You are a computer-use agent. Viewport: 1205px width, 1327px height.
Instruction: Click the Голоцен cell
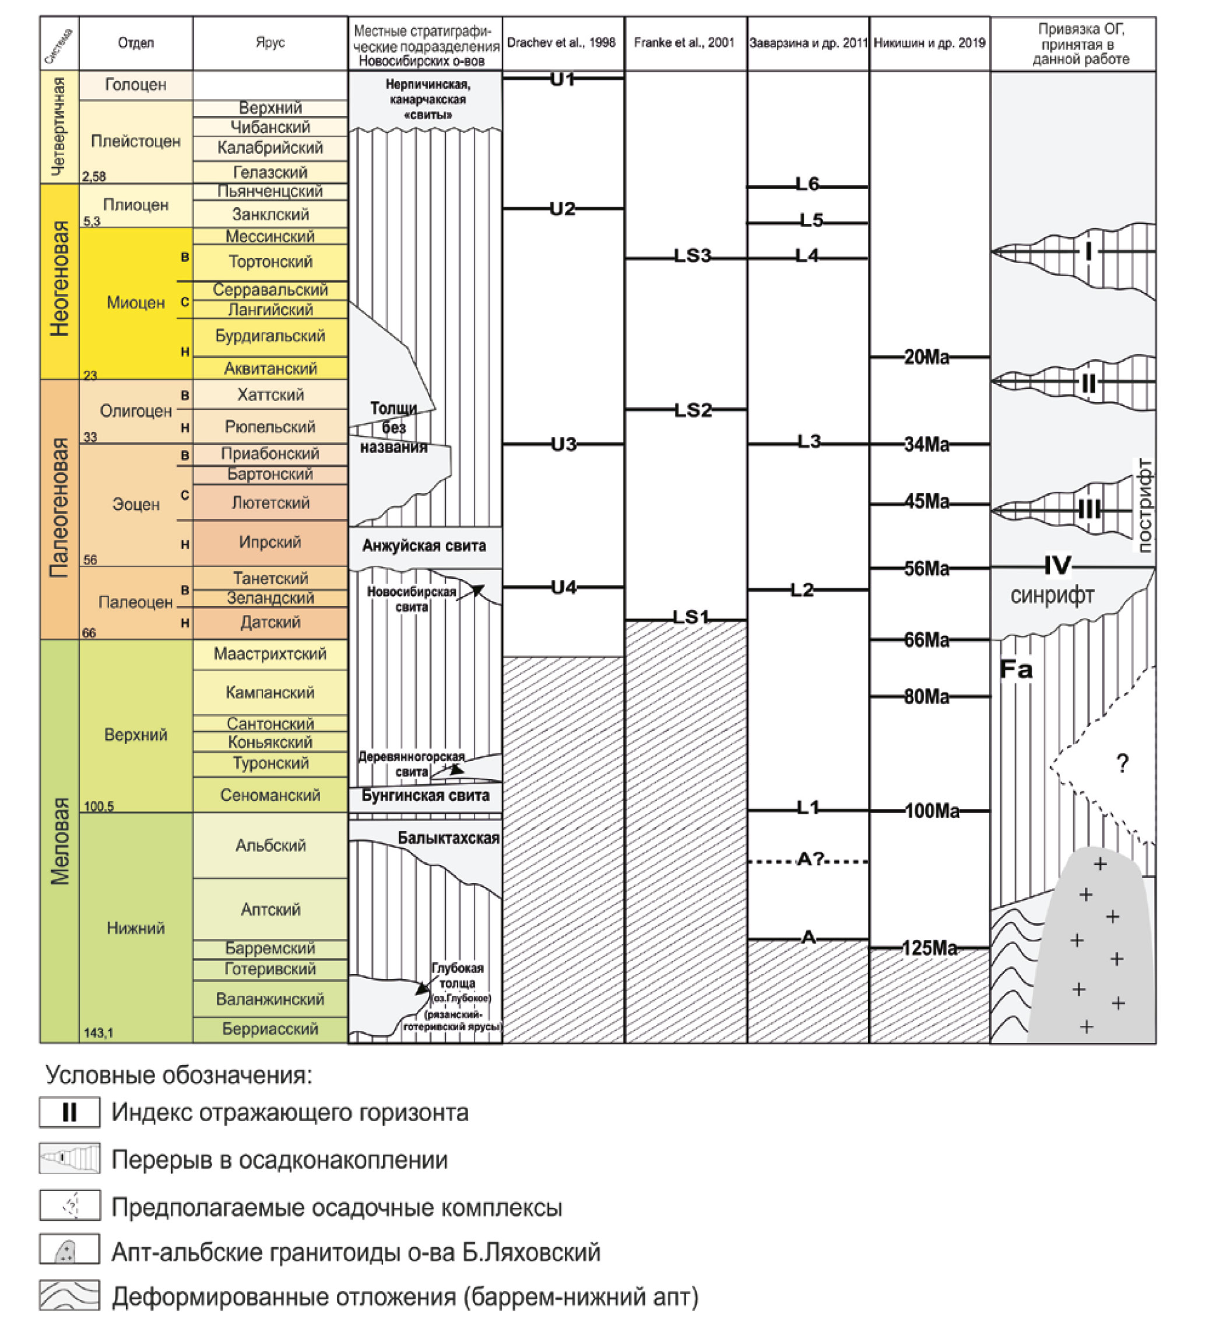click(135, 85)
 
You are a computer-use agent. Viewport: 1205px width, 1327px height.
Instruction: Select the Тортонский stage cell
click(270, 262)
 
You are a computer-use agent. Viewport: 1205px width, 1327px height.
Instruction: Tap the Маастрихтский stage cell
click(270, 654)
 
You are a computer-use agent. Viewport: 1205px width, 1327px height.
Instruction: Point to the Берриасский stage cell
click(270, 1029)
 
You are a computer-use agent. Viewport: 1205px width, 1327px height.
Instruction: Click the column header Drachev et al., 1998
click(562, 43)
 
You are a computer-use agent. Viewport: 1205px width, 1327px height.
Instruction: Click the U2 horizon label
click(563, 209)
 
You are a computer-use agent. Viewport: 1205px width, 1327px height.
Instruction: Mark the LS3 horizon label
click(692, 256)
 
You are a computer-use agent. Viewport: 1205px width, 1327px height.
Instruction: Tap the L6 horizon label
click(807, 185)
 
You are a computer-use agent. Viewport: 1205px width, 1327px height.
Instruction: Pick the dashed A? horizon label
click(810, 859)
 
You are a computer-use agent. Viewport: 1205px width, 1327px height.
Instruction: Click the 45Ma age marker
click(927, 502)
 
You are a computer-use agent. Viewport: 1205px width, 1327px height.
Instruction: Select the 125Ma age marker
click(929, 948)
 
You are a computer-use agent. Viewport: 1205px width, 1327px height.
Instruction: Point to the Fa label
click(1016, 670)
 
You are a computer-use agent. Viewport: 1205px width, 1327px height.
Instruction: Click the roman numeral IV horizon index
click(1058, 565)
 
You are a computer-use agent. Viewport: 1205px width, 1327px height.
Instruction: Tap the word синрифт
click(1052, 596)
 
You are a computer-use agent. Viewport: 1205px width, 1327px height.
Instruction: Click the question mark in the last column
click(1123, 763)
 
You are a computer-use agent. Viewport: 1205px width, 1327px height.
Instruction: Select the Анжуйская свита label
click(424, 546)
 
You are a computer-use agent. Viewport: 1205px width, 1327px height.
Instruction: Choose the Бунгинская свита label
click(425, 796)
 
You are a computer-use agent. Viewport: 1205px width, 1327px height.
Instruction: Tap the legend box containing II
click(70, 1112)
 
